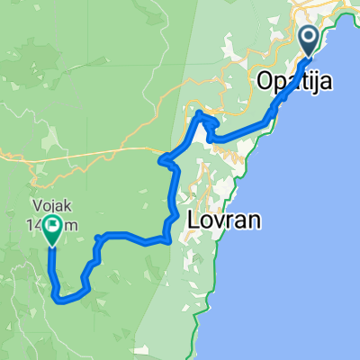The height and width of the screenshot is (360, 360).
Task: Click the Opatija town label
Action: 294,82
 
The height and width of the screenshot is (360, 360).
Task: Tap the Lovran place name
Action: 224,219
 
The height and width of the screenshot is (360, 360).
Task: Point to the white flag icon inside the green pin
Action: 51,228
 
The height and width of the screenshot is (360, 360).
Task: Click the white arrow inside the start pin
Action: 309,38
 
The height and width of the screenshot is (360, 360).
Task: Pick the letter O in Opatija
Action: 265,82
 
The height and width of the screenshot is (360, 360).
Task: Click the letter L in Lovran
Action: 193,219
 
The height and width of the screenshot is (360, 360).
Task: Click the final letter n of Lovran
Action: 255,219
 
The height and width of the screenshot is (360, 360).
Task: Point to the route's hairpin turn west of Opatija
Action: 198,115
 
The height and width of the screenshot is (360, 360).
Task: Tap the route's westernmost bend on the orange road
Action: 161,161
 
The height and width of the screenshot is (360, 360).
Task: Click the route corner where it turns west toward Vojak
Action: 167,239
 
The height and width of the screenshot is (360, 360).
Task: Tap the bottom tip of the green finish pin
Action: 51,245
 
